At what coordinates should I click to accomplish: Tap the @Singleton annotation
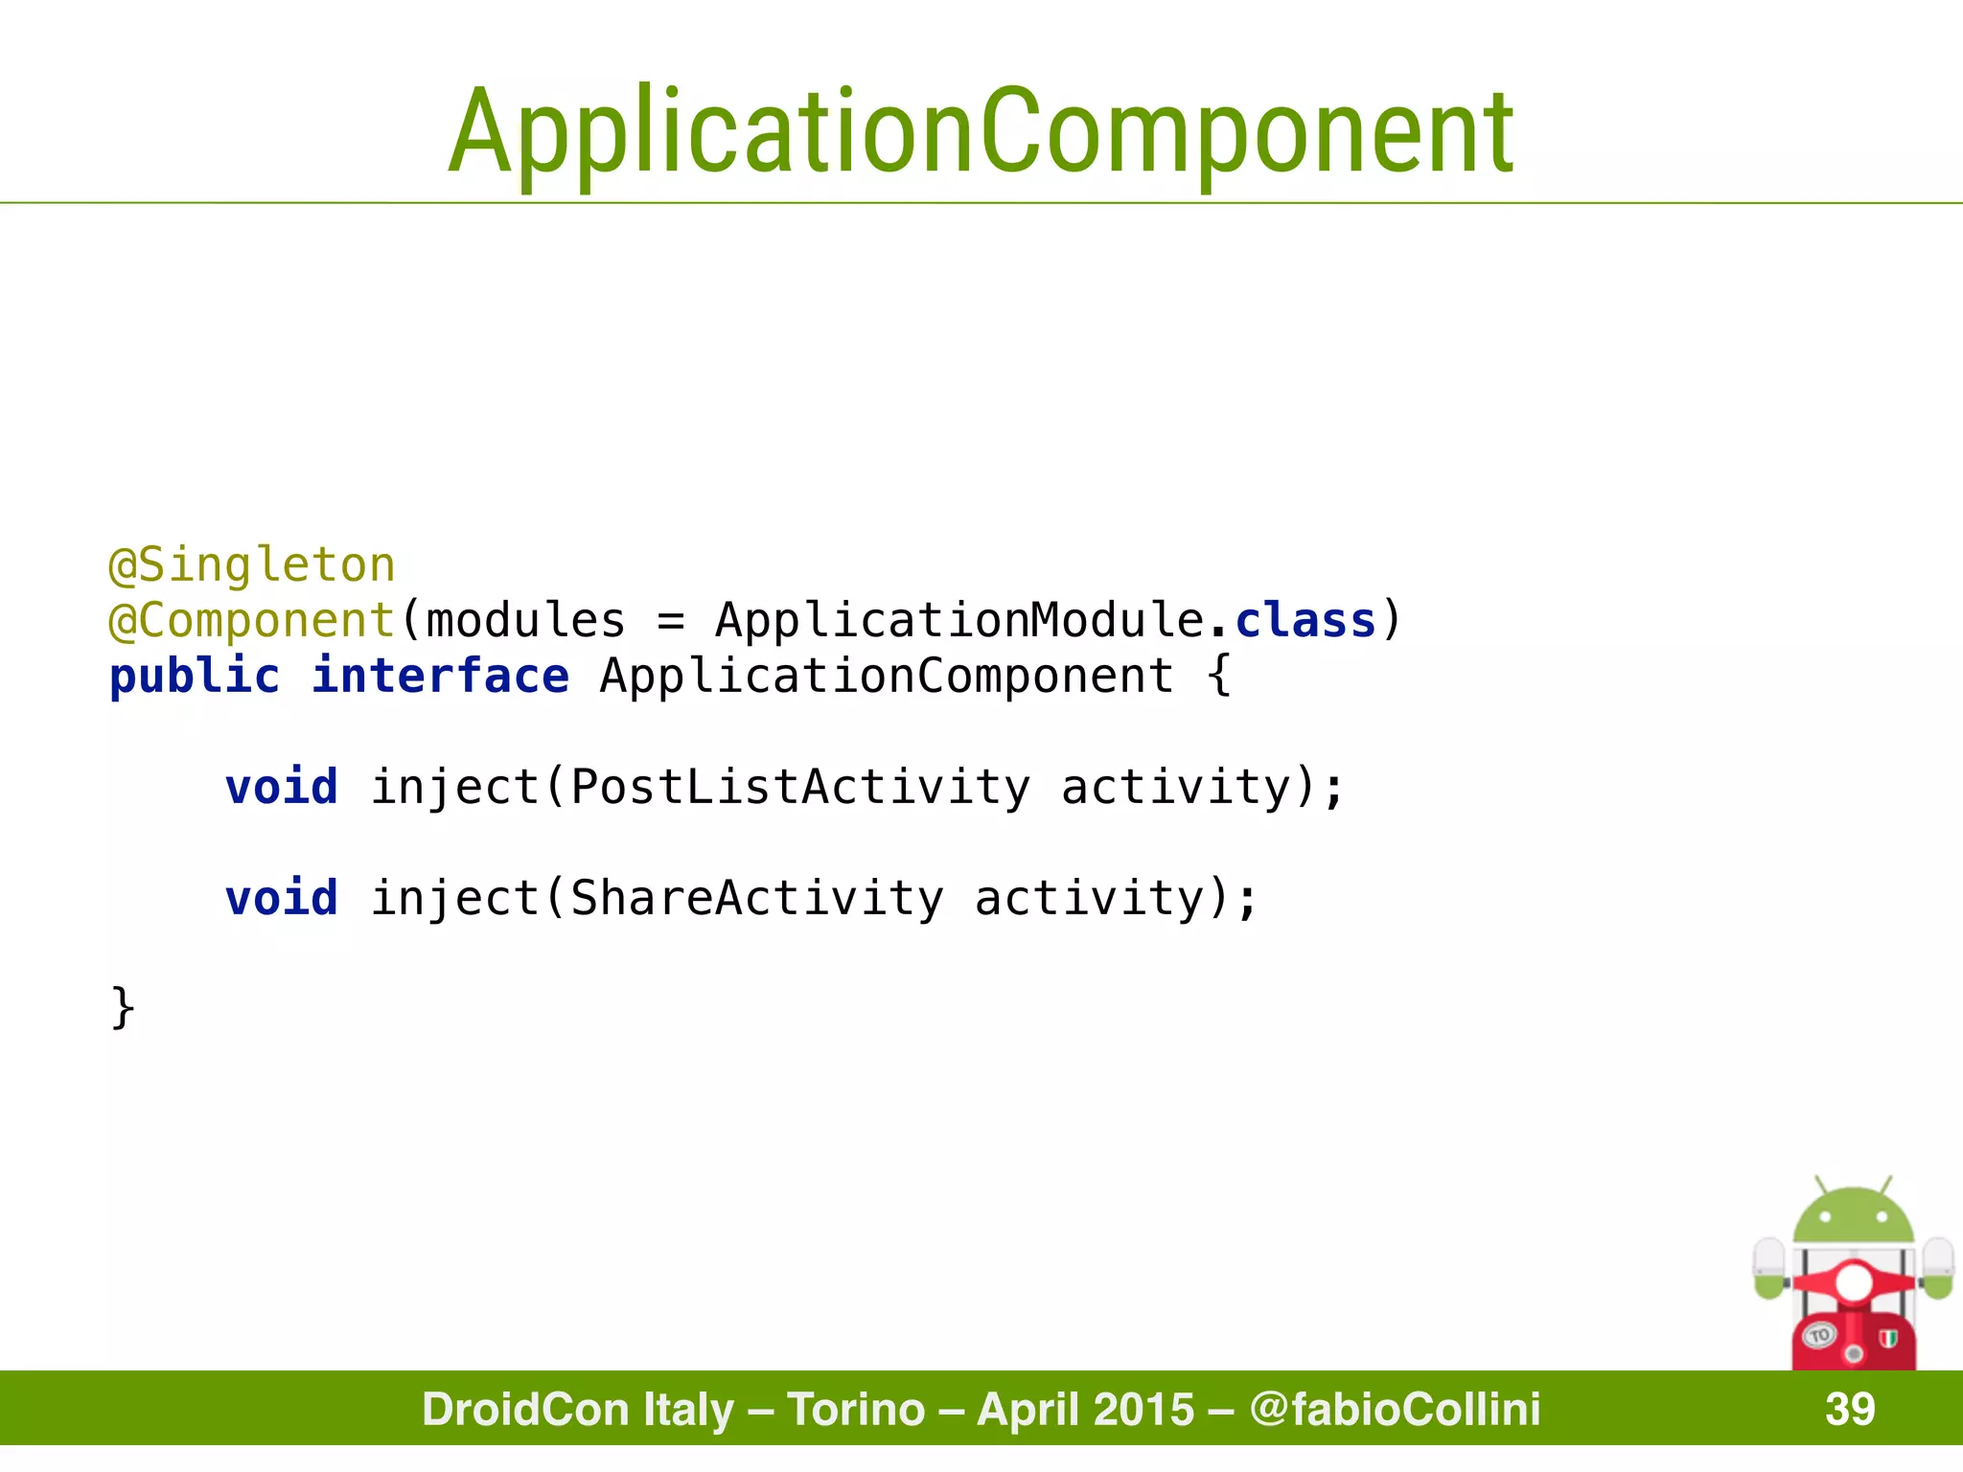(x=252, y=565)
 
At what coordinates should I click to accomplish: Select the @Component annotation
(x=252, y=621)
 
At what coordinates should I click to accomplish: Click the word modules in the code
(x=525, y=621)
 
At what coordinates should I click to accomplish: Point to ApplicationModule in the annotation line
(x=959, y=621)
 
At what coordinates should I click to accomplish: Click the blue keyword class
(x=1305, y=621)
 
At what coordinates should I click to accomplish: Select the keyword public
(x=195, y=677)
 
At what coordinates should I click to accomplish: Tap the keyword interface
(x=440, y=677)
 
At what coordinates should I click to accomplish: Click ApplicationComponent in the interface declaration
(x=887, y=677)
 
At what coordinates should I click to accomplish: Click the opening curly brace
(x=1218, y=677)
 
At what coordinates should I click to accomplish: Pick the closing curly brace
(x=123, y=1008)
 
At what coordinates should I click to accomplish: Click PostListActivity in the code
(x=800, y=788)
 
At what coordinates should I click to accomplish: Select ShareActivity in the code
(x=757, y=899)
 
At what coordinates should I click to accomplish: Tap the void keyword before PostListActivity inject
(x=282, y=788)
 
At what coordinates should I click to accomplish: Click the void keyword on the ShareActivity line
(x=282, y=899)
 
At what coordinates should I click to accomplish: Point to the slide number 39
(x=1850, y=1410)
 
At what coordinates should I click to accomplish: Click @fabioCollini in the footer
(x=1395, y=1410)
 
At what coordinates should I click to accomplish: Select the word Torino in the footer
(x=856, y=1410)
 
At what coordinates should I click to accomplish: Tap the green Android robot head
(x=1853, y=1217)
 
